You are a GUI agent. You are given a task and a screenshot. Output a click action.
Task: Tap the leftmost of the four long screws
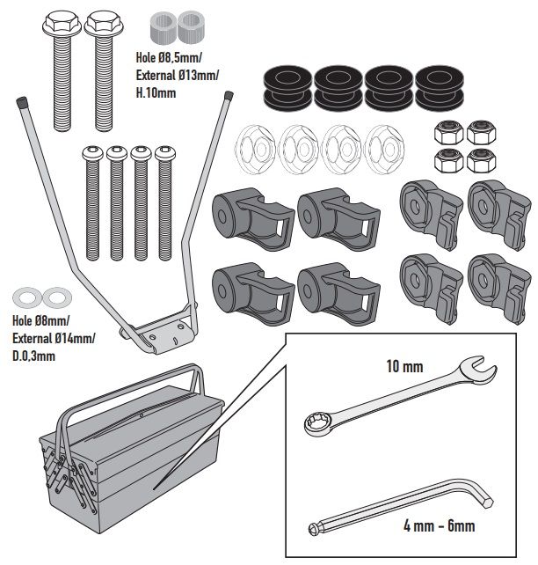(x=92, y=202)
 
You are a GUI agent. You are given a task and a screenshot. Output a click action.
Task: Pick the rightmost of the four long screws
(x=164, y=202)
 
